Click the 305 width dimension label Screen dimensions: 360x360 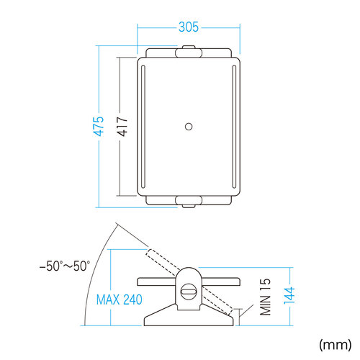(189, 27)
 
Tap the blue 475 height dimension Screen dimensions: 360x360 (99, 127)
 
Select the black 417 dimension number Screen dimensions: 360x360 (122, 127)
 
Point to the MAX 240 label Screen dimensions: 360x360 (119, 300)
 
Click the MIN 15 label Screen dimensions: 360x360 (265, 297)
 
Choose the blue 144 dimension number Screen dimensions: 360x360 (289, 295)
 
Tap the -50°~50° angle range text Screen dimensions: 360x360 (65, 266)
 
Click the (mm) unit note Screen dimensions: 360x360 (336, 345)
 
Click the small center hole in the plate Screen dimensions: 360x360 (189, 127)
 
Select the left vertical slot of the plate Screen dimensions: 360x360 (143, 127)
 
